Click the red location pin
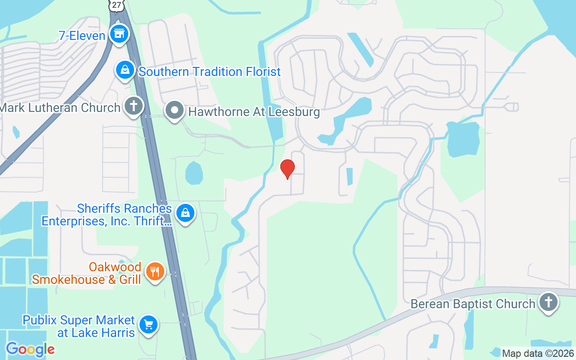(x=287, y=169)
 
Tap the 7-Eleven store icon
(x=119, y=34)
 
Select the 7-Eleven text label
(x=82, y=36)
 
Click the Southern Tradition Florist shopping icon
(x=125, y=70)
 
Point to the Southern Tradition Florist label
(x=210, y=72)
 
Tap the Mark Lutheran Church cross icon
(x=133, y=107)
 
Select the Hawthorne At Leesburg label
(x=254, y=112)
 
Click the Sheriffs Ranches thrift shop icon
(x=185, y=213)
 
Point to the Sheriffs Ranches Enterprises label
(x=107, y=215)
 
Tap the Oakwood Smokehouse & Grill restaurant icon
(x=155, y=271)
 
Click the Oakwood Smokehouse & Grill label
(x=86, y=273)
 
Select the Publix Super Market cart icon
(x=148, y=324)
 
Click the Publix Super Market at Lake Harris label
(x=79, y=326)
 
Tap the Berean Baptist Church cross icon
(x=548, y=302)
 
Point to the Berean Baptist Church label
(x=473, y=304)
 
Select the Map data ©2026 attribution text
(x=538, y=353)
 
